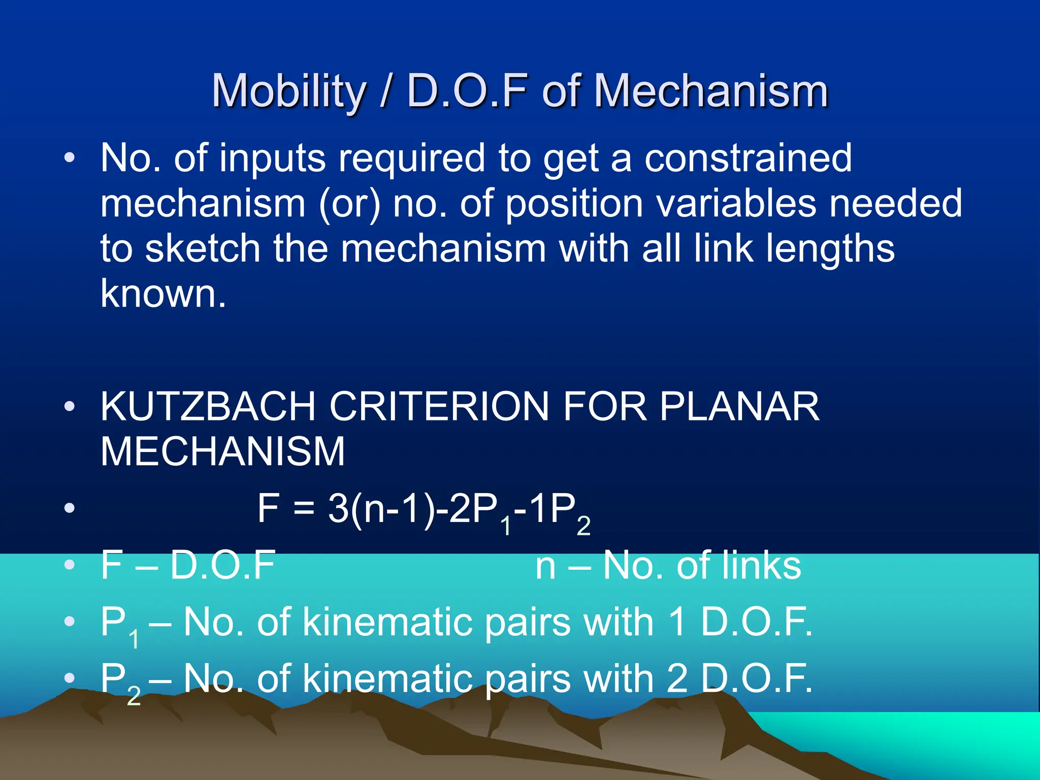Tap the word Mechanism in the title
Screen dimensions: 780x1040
pyautogui.click(x=711, y=91)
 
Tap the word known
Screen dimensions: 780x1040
pyautogui.click(x=162, y=294)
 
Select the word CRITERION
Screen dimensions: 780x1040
pyautogui.click(x=440, y=407)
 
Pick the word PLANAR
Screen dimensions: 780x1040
pyautogui.click(x=739, y=407)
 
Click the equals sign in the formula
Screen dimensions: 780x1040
pyautogui.click(x=304, y=509)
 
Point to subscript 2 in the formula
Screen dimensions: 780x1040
pyautogui.click(x=583, y=526)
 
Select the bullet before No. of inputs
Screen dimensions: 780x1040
pyautogui.click(x=70, y=158)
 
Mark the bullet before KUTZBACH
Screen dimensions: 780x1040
pyautogui.click(x=70, y=407)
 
